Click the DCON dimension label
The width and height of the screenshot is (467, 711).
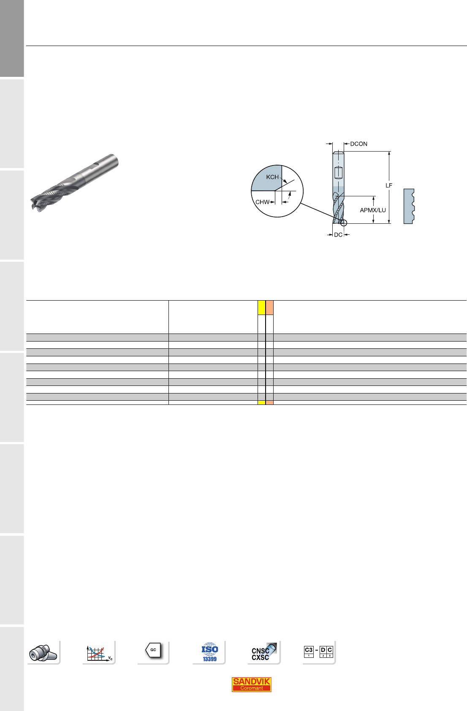(358, 144)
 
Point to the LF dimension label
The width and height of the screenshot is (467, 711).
(388, 185)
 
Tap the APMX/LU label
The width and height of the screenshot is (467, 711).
(373, 210)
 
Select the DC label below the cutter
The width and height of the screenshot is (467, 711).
(338, 235)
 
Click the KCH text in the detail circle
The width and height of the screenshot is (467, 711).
(272, 177)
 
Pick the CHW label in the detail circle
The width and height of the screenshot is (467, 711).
(262, 202)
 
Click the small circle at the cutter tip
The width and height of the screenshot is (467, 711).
(343, 223)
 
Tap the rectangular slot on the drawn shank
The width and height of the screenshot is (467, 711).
(339, 173)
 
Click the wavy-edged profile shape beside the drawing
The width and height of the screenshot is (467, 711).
(409, 206)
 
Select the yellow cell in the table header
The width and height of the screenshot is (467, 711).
(261, 307)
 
